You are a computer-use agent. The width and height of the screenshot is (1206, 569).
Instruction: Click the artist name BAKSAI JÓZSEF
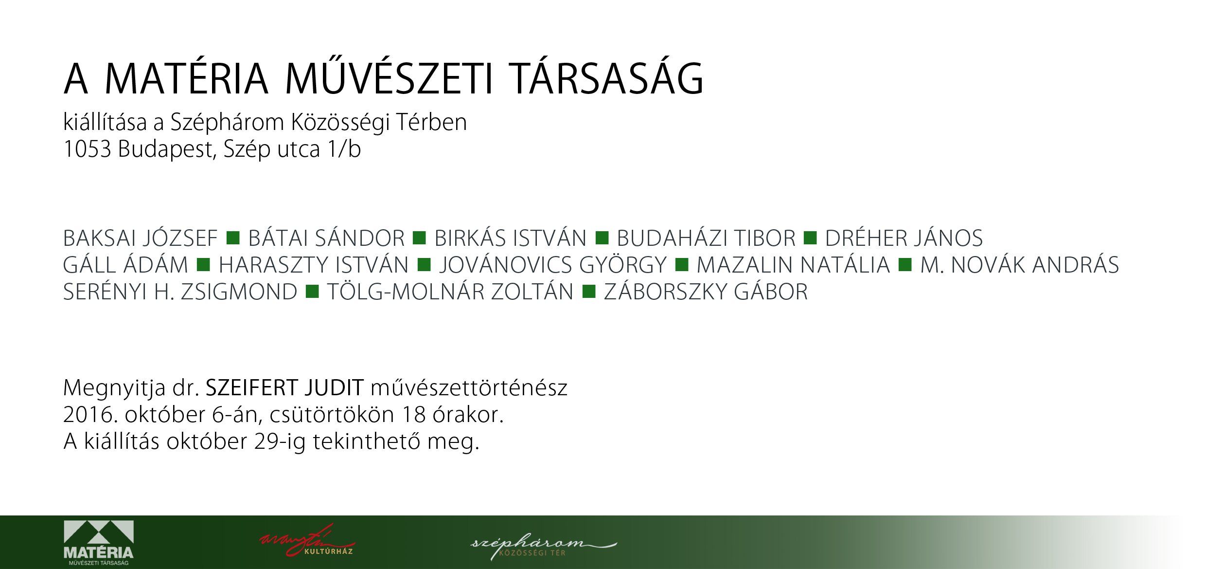point(140,238)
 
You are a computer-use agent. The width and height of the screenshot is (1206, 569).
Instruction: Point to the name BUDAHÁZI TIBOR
point(706,238)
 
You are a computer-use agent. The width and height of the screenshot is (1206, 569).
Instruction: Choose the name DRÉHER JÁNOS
point(904,238)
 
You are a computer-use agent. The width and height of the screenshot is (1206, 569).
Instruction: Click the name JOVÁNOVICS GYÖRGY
point(553,265)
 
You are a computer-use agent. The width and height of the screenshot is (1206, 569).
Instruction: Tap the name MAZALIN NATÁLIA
point(793,265)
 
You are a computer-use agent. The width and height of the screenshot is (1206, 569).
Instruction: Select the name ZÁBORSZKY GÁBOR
point(706,292)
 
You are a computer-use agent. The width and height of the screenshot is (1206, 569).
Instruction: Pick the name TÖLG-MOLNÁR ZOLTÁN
point(450,292)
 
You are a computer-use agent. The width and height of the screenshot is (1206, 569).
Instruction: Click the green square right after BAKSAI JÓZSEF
point(233,238)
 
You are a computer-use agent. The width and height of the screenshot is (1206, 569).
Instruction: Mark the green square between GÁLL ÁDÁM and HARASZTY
point(203,264)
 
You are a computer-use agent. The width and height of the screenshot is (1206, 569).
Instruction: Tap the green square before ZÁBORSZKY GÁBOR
point(589,291)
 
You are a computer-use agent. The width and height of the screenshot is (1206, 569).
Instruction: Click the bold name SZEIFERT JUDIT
point(284,388)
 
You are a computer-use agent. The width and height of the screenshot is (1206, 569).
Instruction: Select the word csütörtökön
point(332,415)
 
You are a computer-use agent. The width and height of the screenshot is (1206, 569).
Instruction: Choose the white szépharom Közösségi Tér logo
point(543,546)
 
